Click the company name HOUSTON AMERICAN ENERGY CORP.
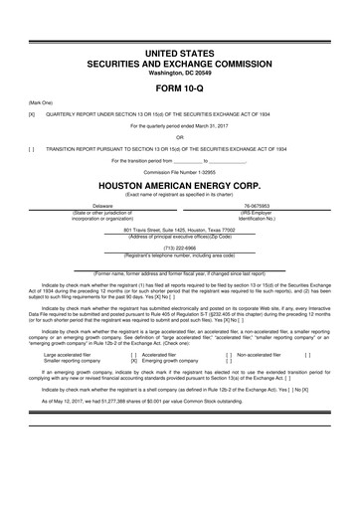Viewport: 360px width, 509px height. [180, 184]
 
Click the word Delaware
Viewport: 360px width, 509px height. [102, 206]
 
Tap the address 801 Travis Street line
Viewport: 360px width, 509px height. [180, 229]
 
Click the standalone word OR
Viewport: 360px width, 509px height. [180, 137]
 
